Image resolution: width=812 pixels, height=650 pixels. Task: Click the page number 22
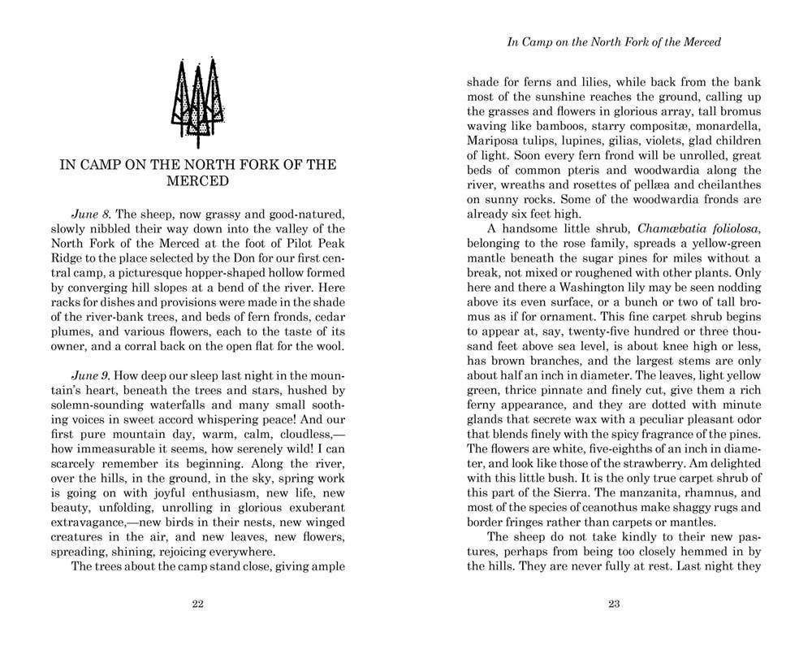197,604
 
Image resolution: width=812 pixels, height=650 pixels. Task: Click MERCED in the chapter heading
197,181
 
